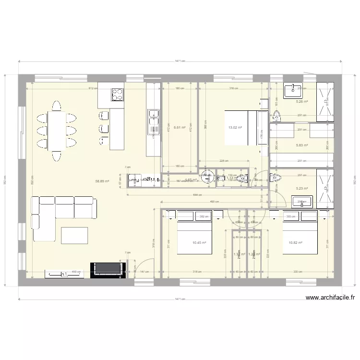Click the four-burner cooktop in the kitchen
tap(117, 95)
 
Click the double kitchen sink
tap(153, 121)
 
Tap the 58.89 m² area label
tap(102, 181)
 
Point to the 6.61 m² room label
tap(180, 128)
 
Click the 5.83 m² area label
tap(301, 145)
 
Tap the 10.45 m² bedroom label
tap(199, 243)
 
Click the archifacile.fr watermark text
tap(330, 298)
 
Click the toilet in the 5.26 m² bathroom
tap(276, 115)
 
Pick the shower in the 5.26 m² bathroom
tap(324, 100)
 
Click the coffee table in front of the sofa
tap(75, 235)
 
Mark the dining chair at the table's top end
tap(57, 105)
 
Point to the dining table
tap(57, 131)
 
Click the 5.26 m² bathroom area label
tap(301, 101)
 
